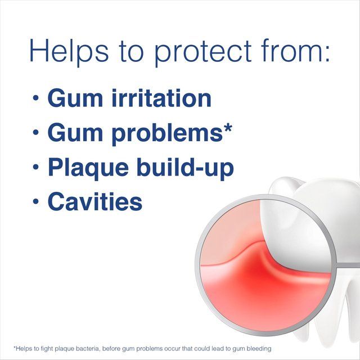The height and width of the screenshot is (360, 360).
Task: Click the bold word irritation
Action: (157, 97)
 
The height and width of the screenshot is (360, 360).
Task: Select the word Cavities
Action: (94, 201)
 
